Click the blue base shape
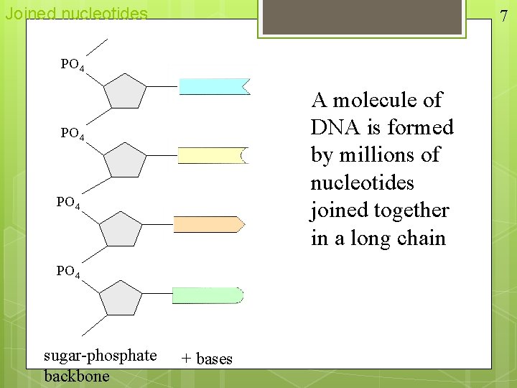[213, 87]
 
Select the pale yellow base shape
[212, 155]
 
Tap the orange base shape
[208, 224]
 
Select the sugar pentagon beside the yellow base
[125, 160]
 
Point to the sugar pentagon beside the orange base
[121, 228]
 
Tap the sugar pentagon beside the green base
[121, 298]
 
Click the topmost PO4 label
[73, 65]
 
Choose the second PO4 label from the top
[73, 134]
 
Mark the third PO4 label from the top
[69, 203]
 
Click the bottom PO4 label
[69, 272]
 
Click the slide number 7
[504, 16]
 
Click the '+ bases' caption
[207, 359]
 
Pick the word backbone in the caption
[77, 376]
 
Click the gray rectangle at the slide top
[363, 16]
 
